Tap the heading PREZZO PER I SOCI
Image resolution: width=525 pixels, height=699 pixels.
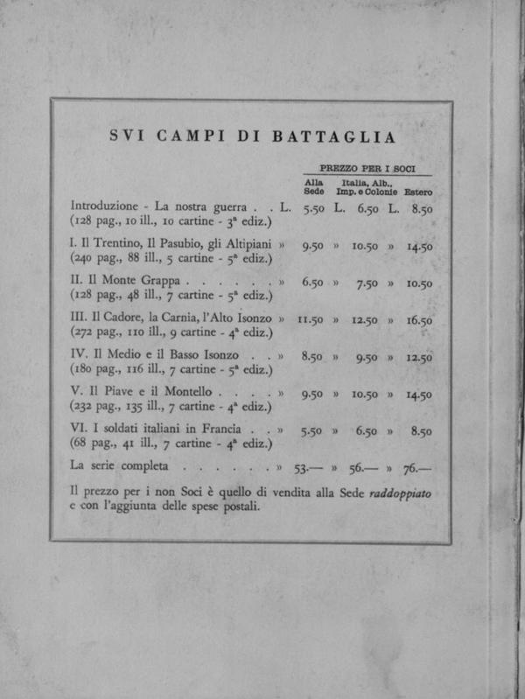click(367, 167)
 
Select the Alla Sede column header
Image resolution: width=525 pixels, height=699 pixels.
click(313, 186)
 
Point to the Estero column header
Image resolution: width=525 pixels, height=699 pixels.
click(417, 192)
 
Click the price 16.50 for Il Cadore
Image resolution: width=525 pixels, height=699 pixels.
click(419, 320)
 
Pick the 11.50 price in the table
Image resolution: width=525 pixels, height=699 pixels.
click(311, 320)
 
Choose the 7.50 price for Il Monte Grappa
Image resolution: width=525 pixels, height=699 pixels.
click(366, 283)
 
